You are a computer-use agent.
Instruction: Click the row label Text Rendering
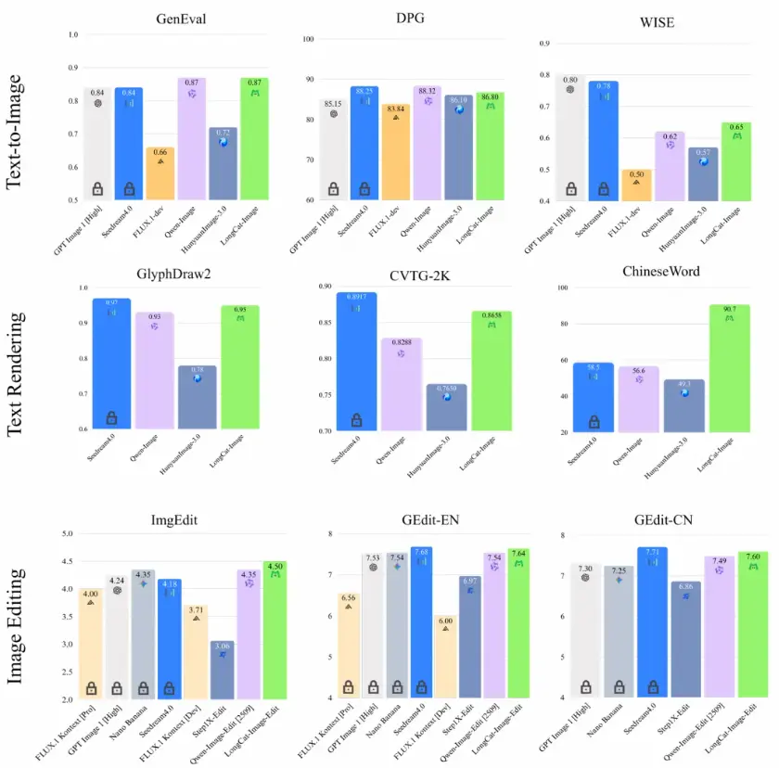(x=18, y=374)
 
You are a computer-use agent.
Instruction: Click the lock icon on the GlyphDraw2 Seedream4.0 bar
(x=111, y=418)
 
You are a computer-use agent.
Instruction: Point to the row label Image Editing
(x=18, y=627)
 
